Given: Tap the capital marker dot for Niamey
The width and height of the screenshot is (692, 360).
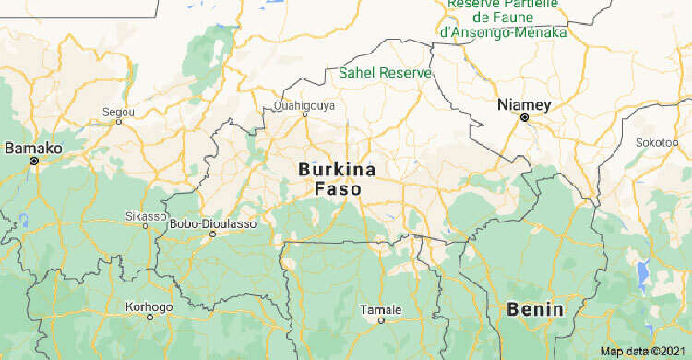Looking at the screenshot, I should pyautogui.click(x=525, y=119).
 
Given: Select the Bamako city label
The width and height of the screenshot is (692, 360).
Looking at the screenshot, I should pyautogui.click(x=33, y=148).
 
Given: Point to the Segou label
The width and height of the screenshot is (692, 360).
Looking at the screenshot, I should pyautogui.click(x=118, y=111).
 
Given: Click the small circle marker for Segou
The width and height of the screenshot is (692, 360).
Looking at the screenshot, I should pyautogui.click(x=118, y=121).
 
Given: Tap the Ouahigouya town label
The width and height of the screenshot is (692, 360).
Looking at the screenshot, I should pyautogui.click(x=304, y=106).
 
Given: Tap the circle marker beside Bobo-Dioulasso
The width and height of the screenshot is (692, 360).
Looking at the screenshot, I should pyautogui.click(x=213, y=234).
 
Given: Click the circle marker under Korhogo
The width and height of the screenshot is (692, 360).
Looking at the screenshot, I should pyautogui.click(x=149, y=316).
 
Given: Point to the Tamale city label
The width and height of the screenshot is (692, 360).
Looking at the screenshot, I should pyautogui.click(x=381, y=308).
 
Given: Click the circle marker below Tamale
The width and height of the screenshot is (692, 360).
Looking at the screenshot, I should pyautogui.click(x=381, y=320).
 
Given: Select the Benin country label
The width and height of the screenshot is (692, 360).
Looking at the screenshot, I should pyautogui.click(x=535, y=309).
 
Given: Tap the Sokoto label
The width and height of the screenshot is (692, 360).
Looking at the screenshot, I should pyautogui.click(x=654, y=142).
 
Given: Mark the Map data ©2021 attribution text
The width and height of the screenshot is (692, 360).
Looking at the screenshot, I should pyautogui.click(x=644, y=352).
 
